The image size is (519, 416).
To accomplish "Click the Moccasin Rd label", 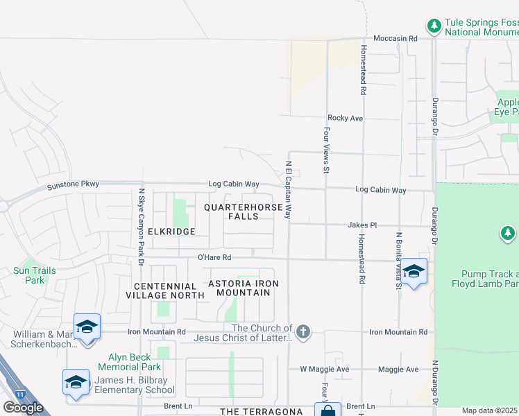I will [x=395, y=39].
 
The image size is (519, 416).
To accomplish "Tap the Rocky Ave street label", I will [x=346, y=119].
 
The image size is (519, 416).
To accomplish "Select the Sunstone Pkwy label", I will [x=73, y=185].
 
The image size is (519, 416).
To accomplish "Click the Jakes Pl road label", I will [x=363, y=225].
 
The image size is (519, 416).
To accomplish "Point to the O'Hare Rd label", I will [x=214, y=257].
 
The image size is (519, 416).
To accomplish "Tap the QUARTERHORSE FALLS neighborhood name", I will [x=243, y=212].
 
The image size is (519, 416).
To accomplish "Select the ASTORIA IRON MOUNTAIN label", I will [x=244, y=288].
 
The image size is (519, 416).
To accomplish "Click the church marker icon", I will [x=302, y=333].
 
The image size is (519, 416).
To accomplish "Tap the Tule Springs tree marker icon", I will [x=434, y=26].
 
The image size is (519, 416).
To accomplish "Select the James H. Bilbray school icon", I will [x=76, y=382].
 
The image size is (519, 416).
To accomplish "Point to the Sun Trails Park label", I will [x=29, y=275].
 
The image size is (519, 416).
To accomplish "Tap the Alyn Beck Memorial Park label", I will [x=129, y=361].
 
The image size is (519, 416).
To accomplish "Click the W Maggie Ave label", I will [x=324, y=370].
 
